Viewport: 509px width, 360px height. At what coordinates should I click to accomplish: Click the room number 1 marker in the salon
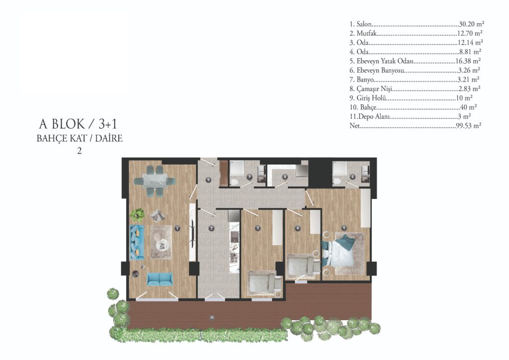tap(177, 228)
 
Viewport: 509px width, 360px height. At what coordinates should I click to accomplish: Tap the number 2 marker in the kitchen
tap(212, 228)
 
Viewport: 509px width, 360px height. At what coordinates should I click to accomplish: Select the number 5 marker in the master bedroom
tap(344, 228)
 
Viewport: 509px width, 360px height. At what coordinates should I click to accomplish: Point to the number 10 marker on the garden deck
tap(212, 318)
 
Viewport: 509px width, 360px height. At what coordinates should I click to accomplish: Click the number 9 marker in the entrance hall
tap(209, 180)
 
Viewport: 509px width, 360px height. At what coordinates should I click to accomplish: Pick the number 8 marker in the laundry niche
tap(285, 177)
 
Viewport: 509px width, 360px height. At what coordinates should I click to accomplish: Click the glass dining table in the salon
tap(155, 181)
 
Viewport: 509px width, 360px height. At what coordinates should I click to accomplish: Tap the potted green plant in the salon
tap(138, 215)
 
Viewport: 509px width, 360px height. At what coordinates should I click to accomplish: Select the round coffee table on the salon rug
tap(161, 244)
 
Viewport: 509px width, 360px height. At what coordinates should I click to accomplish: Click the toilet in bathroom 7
tap(234, 181)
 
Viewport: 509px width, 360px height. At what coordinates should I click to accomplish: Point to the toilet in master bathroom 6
tap(337, 181)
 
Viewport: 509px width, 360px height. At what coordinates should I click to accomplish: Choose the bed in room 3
tap(264, 283)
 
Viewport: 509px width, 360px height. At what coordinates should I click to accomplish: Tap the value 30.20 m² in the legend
tap(472, 24)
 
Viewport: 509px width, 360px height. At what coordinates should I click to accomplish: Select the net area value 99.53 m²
tap(468, 126)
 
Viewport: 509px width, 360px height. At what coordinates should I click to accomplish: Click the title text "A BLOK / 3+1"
tap(78, 124)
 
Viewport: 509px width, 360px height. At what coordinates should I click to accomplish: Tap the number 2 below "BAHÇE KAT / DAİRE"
tap(79, 151)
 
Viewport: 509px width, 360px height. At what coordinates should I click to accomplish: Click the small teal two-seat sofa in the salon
tap(160, 279)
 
